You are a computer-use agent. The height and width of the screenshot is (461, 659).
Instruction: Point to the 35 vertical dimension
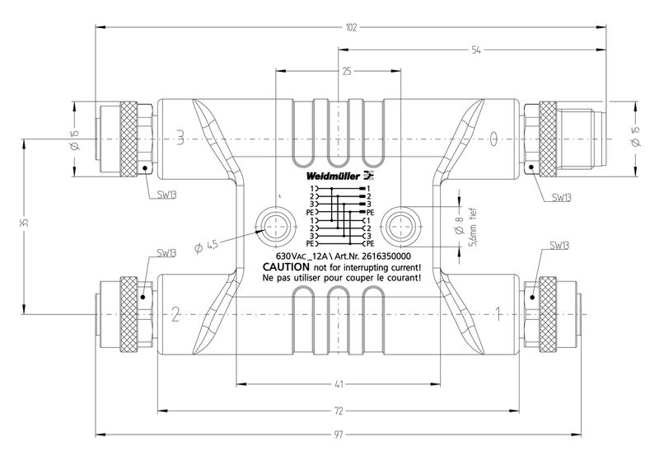[25, 223]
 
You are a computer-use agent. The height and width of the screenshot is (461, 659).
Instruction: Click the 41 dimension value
[338, 383]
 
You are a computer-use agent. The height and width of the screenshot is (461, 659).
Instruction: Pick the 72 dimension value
[338, 410]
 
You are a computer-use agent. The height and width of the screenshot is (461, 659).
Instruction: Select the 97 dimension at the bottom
[338, 434]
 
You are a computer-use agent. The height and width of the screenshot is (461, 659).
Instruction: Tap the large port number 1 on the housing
[498, 313]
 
